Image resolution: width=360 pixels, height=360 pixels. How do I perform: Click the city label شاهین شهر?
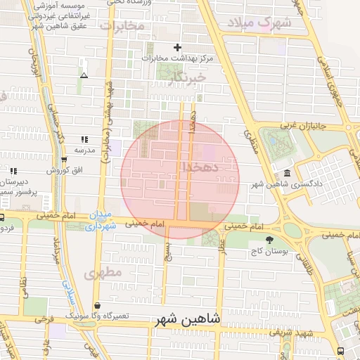click(x=186, y=319)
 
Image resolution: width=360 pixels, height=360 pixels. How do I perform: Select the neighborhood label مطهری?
click(x=103, y=272)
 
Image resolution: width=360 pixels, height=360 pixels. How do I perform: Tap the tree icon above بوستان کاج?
click(x=269, y=240)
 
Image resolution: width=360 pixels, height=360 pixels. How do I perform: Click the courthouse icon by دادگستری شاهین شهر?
click(x=287, y=174)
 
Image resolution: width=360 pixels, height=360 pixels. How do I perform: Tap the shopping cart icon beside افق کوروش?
click(x=63, y=159)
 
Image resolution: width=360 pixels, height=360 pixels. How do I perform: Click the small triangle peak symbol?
click(x=84, y=75)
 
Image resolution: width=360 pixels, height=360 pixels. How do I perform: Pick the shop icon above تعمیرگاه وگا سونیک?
click(x=96, y=305)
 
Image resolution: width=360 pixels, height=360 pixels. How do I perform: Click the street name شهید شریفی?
click(x=289, y=331)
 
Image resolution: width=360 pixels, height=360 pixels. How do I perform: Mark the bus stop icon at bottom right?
click(x=341, y=351)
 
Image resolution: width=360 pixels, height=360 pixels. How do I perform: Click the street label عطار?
click(x=222, y=247)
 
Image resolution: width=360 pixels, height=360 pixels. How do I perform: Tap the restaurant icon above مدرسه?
click(x=84, y=139)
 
